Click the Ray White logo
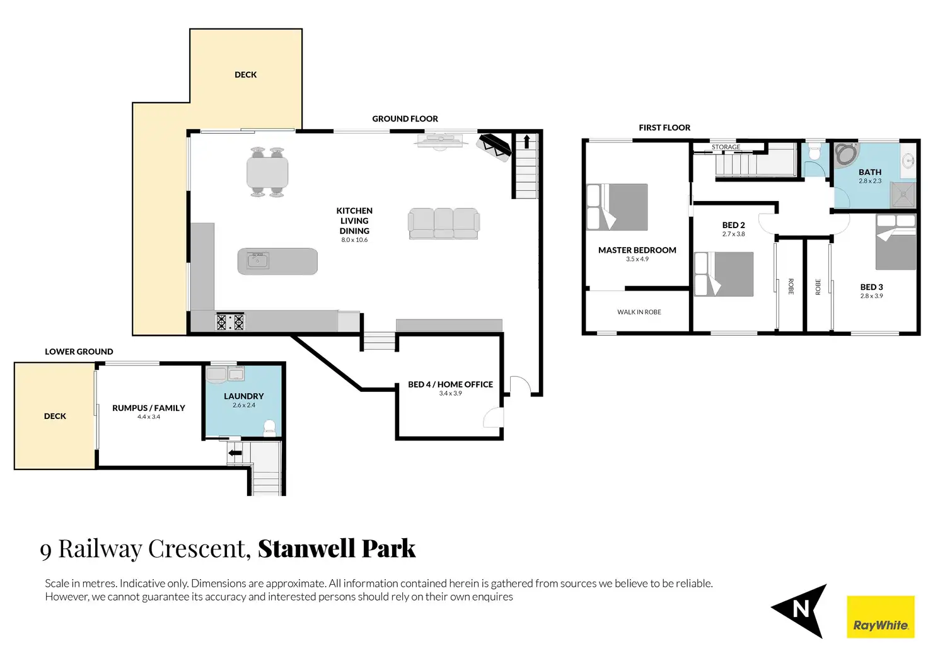click(880, 617)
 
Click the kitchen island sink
click(258, 261)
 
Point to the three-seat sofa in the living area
click(444, 224)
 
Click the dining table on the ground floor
click(267, 172)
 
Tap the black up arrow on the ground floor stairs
click(526, 141)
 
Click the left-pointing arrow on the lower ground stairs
click(235, 452)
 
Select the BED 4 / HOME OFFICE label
click(450, 384)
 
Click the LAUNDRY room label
click(243, 396)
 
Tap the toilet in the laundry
click(270, 429)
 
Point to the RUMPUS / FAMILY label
click(149, 408)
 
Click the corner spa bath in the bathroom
click(847, 155)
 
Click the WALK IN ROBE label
click(639, 312)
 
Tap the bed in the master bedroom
click(617, 207)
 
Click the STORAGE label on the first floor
click(726, 147)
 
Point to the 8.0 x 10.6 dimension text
click(354, 240)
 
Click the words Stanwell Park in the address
click(337, 548)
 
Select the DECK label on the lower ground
click(55, 416)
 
